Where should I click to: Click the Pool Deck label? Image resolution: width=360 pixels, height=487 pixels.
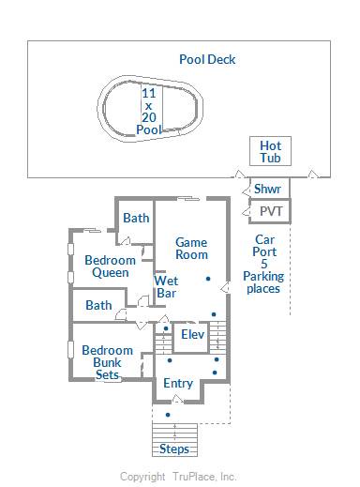pyautogui.click(x=207, y=59)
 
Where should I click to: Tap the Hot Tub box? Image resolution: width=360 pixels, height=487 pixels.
pyautogui.click(x=270, y=151)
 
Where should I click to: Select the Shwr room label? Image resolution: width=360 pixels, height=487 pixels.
pyautogui.click(x=267, y=189)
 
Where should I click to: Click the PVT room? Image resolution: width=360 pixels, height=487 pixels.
pyautogui.click(x=270, y=211)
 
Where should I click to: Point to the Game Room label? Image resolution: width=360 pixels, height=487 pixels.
pyautogui.click(x=191, y=249)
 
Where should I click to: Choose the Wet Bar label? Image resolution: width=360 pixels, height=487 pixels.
pyautogui.click(x=166, y=286)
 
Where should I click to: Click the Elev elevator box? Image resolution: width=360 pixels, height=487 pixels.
pyautogui.click(x=191, y=337)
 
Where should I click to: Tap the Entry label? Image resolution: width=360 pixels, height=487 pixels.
pyautogui.click(x=178, y=384)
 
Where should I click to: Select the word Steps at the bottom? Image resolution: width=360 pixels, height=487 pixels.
pyautogui.click(x=174, y=449)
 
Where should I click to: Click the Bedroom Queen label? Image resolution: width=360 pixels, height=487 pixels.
pyautogui.click(x=110, y=266)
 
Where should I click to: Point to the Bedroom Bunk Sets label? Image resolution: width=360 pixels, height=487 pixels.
pyautogui.click(x=107, y=362)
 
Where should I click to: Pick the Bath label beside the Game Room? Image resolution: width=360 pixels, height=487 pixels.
pyautogui.click(x=136, y=218)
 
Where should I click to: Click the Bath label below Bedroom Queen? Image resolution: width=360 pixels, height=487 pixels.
pyautogui.click(x=98, y=305)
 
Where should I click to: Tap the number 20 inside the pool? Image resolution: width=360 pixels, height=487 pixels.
pyautogui.click(x=149, y=117)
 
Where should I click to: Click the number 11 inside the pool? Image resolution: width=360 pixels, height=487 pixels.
pyautogui.click(x=149, y=93)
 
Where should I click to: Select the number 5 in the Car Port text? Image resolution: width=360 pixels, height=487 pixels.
pyautogui.click(x=264, y=264)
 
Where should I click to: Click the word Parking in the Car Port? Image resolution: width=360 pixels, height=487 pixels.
pyautogui.click(x=263, y=277)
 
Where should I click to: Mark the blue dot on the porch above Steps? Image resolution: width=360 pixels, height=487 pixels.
pyautogui.click(x=168, y=415)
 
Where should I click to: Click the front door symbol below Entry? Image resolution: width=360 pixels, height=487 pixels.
pyautogui.click(x=177, y=399)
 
